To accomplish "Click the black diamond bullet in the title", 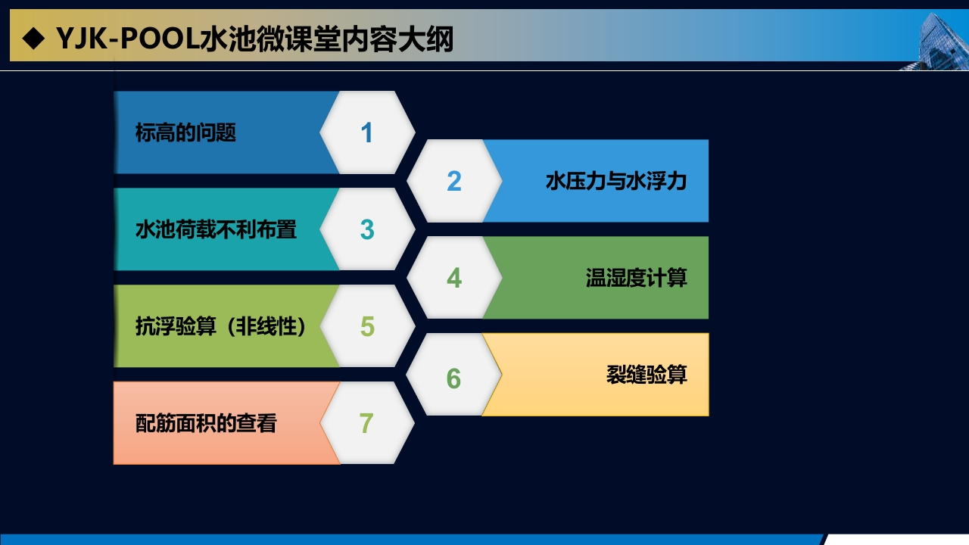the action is click(x=33, y=38).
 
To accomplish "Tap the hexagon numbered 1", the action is click(x=367, y=132).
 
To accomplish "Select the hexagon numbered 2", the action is click(x=454, y=181).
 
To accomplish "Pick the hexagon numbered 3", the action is click(x=367, y=229).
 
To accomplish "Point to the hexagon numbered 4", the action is click(x=454, y=278).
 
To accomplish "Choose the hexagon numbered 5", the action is click(x=367, y=326).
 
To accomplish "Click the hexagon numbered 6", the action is click(x=454, y=375).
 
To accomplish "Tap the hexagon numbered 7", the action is click(x=367, y=423).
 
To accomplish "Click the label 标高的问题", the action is click(x=185, y=132).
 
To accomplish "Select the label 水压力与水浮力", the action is click(x=616, y=181).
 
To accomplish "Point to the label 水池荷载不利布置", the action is click(x=216, y=229).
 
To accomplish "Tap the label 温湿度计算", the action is click(x=637, y=278).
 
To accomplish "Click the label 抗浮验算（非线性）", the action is click(x=220, y=326).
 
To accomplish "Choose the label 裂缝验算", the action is click(x=647, y=375).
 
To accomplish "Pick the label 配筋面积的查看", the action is click(x=206, y=423).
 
